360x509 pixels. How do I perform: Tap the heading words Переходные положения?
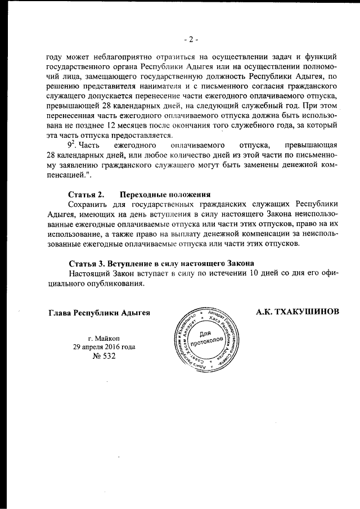click(161, 194)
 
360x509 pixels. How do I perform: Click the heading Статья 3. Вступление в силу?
click(161, 263)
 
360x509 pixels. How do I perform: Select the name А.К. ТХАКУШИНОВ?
click(297, 312)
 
